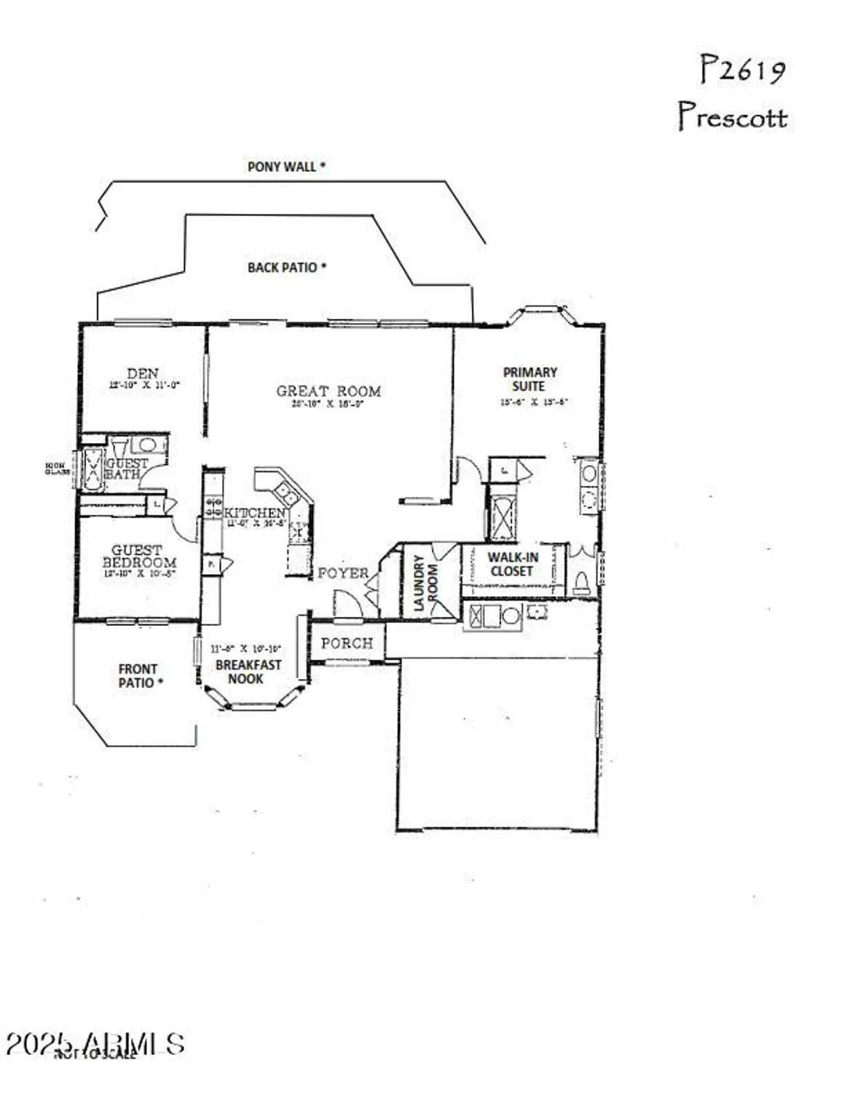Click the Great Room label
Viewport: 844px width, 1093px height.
(x=328, y=391)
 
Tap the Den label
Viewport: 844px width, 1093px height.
(x=143, y=373)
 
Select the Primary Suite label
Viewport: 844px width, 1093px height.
(x=529, y=379)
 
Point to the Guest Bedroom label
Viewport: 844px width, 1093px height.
(x=138, y=557)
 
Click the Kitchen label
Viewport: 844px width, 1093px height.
(x=254, y=513)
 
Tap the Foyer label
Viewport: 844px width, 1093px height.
(x=343, y=573)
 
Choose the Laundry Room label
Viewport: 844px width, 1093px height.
(x=425, y=583)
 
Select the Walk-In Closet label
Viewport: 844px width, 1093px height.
(x=513, y=564)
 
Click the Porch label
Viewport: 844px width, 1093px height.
(x=347, y=643)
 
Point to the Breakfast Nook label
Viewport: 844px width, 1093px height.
(x=248, y=671)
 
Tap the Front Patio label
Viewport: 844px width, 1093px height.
(x=138, y=675)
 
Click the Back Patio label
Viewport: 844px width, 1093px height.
(x=286, y=267)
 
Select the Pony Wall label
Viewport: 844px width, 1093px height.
(x=285, y=167)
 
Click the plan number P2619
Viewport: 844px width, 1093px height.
(x=742, y=71)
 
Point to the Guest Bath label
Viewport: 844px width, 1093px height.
(x=127, y=469)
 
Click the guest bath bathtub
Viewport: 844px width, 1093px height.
(x=92, y=470)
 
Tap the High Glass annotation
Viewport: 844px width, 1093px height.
(x=57, y=469)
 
